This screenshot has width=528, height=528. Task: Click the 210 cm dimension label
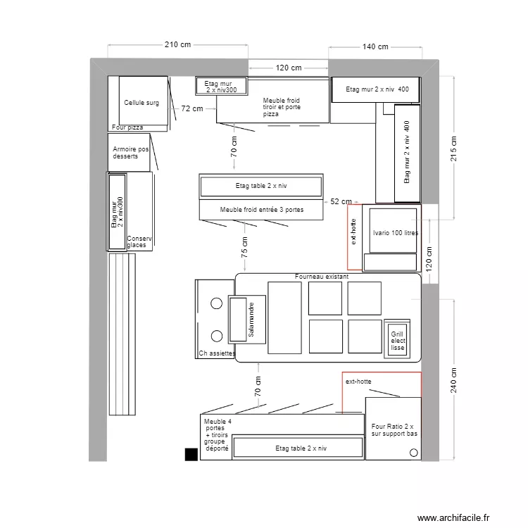pos(177,44)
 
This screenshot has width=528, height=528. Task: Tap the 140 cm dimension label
pos(375,46)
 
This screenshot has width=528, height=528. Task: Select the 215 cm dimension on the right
pos(453,149)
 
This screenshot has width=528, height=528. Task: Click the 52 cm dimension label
pos(341,201)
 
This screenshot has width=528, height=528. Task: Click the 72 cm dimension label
pos(192,108)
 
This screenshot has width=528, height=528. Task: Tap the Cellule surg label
pos(142,103)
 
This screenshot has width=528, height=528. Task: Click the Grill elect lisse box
pos(398,340)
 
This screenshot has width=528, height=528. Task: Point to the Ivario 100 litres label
pos(395,232)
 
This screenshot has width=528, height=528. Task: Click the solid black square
pos(191,454)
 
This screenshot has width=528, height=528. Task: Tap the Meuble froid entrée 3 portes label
pos(260,210)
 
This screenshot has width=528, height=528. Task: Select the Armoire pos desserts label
pos(130,153)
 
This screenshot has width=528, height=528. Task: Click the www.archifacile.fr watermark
pos(453,517)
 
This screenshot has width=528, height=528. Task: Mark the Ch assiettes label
pos(217,353)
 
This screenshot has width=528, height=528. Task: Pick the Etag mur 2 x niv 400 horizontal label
pos(377,89)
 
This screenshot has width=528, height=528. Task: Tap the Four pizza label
pos(127,127)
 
